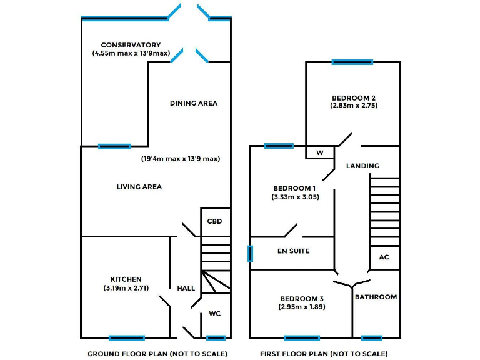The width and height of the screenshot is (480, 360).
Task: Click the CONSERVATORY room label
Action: click(x=131, y=45)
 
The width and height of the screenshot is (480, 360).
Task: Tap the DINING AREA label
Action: click(x=194, y=103)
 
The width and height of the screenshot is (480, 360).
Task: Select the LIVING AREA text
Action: click(x=139, y=187)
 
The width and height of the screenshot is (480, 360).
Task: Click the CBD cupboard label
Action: click(x=215, y=221)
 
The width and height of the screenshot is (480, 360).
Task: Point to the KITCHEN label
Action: click(x=126, y=279)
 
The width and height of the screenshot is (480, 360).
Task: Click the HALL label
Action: click(x=186, y=288)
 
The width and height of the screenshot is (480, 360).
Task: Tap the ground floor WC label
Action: click(x=215, y=313)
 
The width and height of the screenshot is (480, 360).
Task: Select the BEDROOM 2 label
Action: click(x=354, y=97)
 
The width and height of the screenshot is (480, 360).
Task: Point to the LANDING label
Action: click(x=363, y=166)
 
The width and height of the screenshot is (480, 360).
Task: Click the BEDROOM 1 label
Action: click(x=294, y=188)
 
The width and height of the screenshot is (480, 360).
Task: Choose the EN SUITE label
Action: click(x=293, y=251)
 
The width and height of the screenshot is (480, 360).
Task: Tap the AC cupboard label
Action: click(x=384, y=257)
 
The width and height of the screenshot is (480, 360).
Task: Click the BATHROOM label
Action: click(x=376, y=297)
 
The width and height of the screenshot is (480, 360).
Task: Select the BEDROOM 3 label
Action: click(x=302, y=298)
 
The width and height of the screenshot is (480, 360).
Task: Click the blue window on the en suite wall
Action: click(x=251, y=253)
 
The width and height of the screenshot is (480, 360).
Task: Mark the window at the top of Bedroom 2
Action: click(x=352, y=62)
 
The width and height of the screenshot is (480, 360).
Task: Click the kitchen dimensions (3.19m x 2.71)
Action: click(x=126, y=288)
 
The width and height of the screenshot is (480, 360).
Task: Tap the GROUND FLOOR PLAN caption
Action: click(x=157, y=354)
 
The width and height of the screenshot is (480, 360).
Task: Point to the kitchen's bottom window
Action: click(x=127, y=338)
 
